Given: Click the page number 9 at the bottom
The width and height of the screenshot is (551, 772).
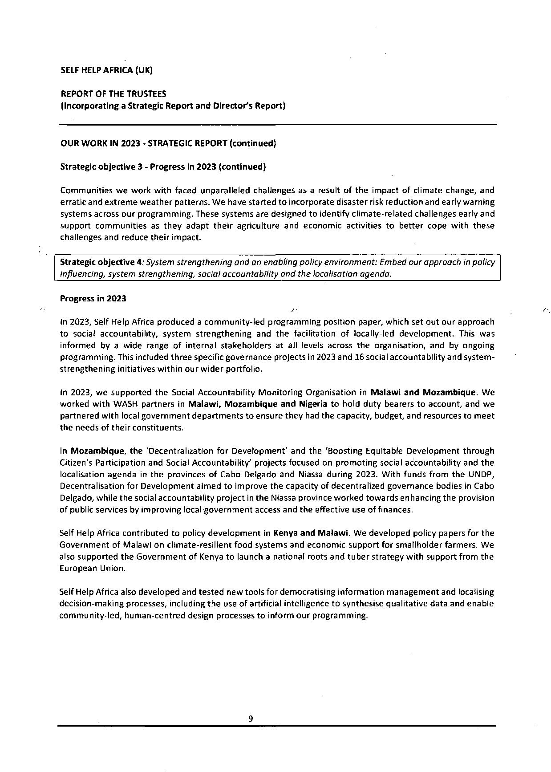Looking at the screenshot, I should click(x=251, y=718).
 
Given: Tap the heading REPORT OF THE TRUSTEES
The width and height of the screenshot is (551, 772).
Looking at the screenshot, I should click(x=113, y=94).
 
